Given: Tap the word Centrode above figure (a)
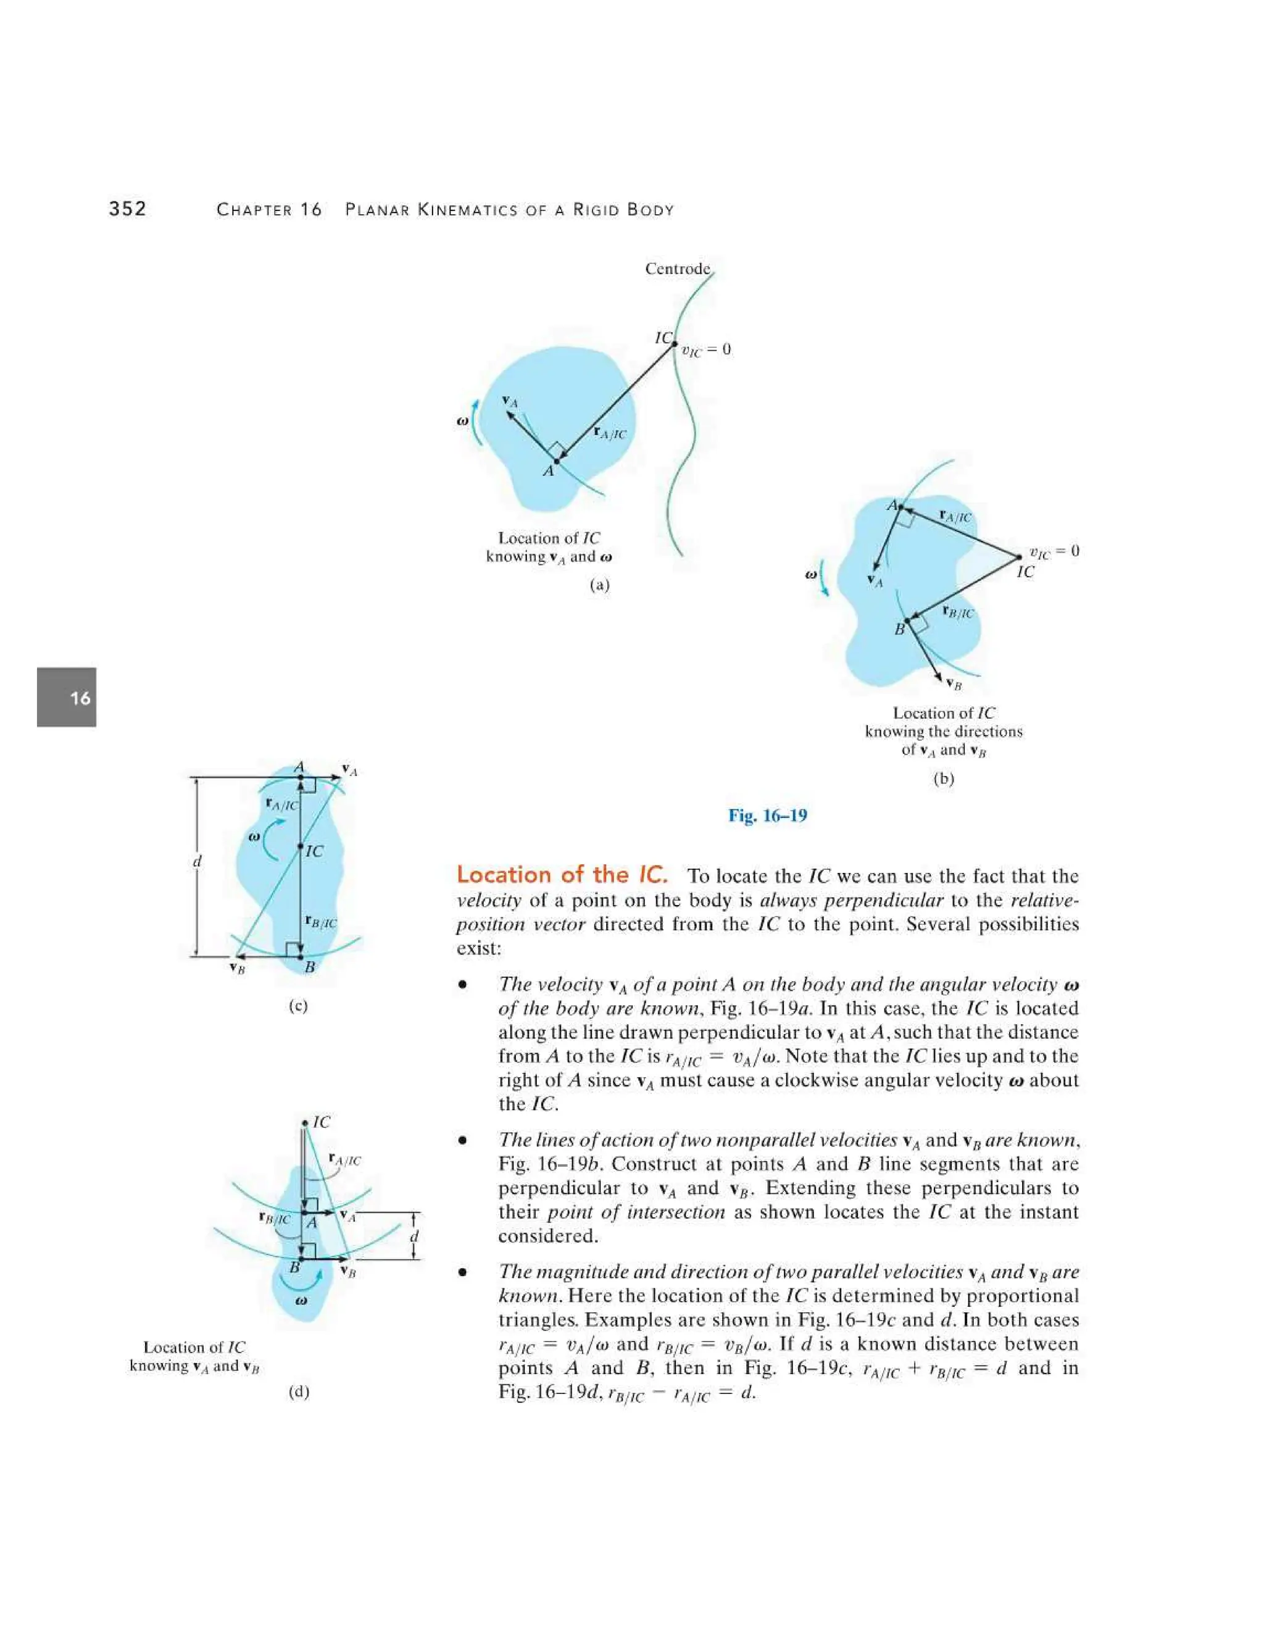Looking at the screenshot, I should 677,268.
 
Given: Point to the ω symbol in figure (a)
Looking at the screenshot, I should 462,421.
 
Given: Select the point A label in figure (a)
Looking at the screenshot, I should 548,471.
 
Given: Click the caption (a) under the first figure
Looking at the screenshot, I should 599,585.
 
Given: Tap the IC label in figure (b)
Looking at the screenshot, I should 1025,572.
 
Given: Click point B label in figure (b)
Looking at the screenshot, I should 899,629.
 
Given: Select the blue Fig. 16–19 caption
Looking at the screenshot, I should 768,816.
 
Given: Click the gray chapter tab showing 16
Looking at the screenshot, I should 67,698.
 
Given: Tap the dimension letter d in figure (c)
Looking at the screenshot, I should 197,861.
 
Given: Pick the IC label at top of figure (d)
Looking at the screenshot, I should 321,1121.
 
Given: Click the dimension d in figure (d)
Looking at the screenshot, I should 414,1236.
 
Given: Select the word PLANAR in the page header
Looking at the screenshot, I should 376,210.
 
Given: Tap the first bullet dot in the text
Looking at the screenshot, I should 464,984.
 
